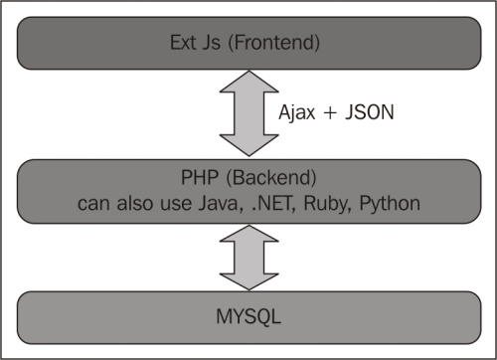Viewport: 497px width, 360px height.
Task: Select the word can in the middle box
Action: (x=95, y=206)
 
